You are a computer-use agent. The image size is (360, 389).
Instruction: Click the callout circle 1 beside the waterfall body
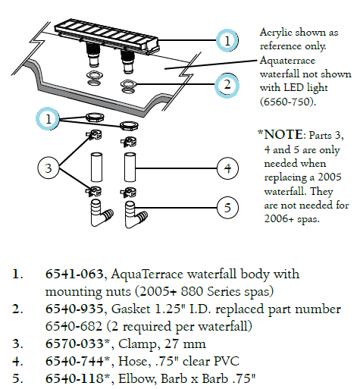coord(227,40)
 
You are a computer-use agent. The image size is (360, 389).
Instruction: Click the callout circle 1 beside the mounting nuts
coord(48,118)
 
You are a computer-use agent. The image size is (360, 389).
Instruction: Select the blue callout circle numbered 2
coord(227,85)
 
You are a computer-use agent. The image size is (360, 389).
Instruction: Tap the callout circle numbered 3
coord(49,168)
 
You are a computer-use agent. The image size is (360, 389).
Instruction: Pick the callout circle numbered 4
coord(227,168)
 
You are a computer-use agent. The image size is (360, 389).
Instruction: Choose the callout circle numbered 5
coord(227,208)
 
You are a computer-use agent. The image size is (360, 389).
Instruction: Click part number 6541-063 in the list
coord(74,274)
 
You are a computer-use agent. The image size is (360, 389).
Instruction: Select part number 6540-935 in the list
coord(74,309)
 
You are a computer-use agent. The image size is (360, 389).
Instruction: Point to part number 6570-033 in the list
coord(74,344)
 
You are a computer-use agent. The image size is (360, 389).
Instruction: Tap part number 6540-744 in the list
coord(74,361)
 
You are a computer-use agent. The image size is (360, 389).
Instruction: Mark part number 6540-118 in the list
coord(74,378)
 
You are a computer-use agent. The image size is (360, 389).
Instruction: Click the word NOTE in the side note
coord(283,134)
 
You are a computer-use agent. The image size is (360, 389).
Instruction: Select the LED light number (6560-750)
coord(288,102)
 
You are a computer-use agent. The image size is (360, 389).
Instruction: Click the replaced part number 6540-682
coord(74,326)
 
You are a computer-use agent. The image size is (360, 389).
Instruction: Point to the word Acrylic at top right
coord(276,33)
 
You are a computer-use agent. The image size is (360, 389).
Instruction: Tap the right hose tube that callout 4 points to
coord(130,167)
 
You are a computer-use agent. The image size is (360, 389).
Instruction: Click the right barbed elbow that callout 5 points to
coord(136,215)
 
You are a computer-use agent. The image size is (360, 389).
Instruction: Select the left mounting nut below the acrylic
coord(95,117)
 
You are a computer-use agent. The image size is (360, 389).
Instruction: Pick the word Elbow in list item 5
coord(136,378)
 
